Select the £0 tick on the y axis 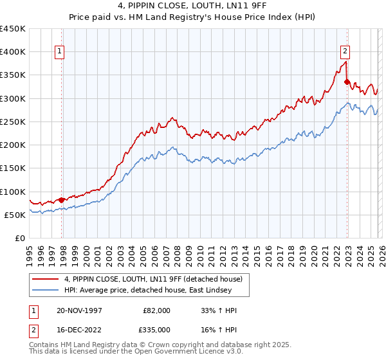point(19,239)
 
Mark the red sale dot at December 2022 point(347,82)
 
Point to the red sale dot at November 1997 point(62,200)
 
